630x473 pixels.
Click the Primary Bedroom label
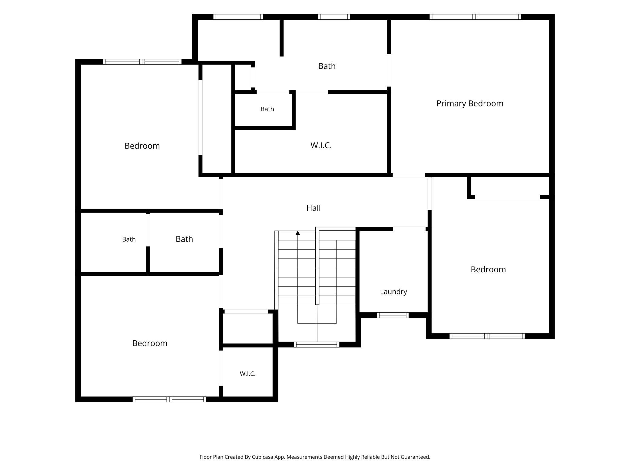click(x=470, y=104)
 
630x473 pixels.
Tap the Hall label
click(x=313, y=208)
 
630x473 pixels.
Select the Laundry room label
click(x=393, y=292)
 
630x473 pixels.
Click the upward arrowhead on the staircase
click(x=298, y=233)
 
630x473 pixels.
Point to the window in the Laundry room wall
click(x=393, y=315)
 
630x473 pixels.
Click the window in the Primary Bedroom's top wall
click(x=475, y=17)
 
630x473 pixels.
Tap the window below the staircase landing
click(x=316, y=344)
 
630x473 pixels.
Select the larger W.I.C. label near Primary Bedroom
click(x=321, y=146)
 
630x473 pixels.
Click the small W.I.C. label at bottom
click(x=247, y=374)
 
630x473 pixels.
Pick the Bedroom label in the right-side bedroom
click(x=488, y=270)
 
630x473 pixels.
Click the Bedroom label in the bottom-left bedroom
click(x=150, y=343)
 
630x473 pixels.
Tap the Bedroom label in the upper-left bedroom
click(x=142, y=146)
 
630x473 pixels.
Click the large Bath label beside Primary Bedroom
click(x=327, y=66)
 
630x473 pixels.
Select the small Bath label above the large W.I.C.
click(x=267, y=109)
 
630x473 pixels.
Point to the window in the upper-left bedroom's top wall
click(x=142, y=62)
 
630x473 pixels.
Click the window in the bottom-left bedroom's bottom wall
click(x=169, y=399)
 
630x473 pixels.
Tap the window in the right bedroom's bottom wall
click(x=487, y=336)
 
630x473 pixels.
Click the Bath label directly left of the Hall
click(x=184, y=239)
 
